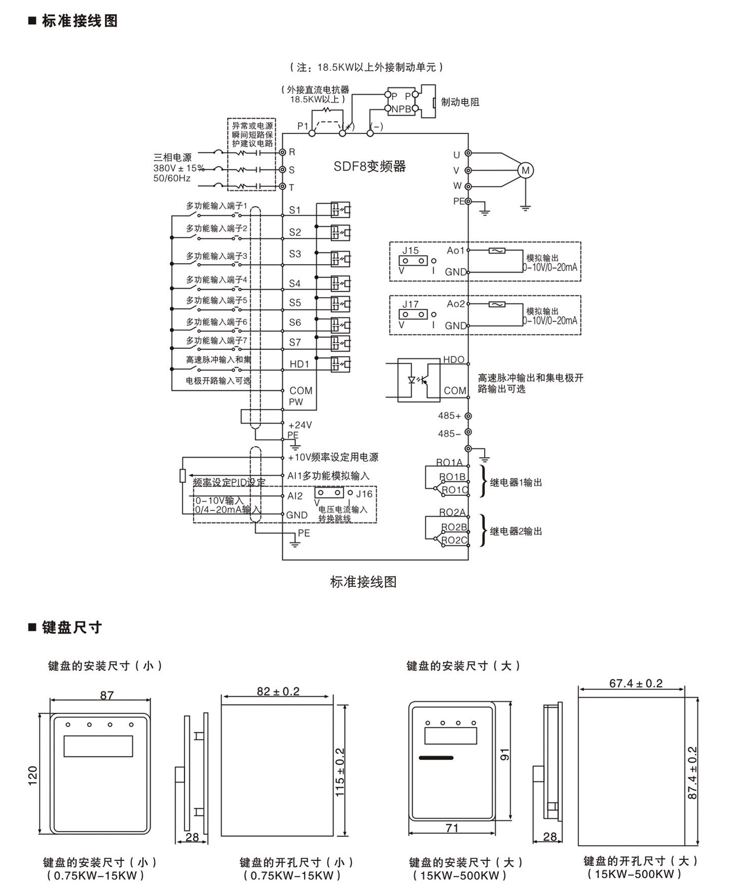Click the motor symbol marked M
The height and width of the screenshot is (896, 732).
coord(525,171)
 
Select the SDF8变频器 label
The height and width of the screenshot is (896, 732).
coord(370,166)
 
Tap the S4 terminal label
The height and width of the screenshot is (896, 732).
coord(295,283)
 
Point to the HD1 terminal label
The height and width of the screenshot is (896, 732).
coord(300,364)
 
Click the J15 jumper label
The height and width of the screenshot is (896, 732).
coord(410,251)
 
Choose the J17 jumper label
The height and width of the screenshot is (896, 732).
coord(410,304)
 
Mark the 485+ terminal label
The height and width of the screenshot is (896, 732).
coord(450,416)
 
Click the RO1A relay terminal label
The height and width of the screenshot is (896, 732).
coord(450,462)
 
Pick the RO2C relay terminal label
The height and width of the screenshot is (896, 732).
coord(454,540)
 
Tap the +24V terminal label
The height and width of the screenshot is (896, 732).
coord(300,425)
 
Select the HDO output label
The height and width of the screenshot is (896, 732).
coord(454,359)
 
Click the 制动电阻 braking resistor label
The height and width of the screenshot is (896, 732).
coord(460,102)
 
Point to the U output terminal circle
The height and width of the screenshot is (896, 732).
coord(468,154)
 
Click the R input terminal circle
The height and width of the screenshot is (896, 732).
coord(282,152)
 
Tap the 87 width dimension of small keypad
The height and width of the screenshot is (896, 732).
coord(107,695)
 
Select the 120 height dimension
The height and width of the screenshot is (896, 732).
coord(33,775)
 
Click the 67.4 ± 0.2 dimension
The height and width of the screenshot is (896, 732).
coord(636,683)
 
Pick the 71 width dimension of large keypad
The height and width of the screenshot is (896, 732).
coord(452,828)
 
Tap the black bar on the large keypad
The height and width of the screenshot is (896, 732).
coord(436,758)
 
